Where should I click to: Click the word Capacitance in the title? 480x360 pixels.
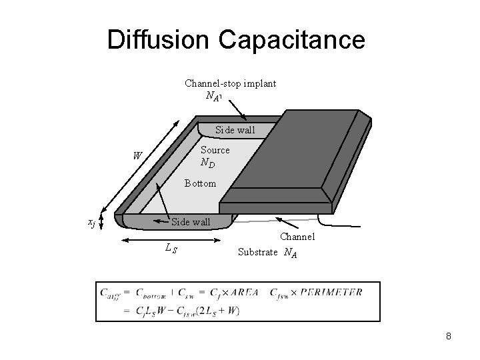[294, 40]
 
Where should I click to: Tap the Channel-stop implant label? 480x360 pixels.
[230, 83]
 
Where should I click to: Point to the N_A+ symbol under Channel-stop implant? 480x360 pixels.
[213, 96]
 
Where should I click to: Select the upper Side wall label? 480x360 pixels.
[235, 130]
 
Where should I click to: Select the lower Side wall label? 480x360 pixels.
[191, 221]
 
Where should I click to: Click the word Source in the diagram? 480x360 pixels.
[215, 150]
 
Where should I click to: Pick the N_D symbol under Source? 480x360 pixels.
[207, 162]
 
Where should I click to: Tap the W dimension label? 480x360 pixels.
[137, 157]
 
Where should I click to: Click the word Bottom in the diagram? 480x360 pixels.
[200, 183]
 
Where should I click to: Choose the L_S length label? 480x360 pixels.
[171, 248]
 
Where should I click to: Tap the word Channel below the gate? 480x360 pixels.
[297, 237]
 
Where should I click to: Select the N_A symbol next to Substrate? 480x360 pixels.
[290, 253]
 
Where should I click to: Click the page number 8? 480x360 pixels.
[449, 337]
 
